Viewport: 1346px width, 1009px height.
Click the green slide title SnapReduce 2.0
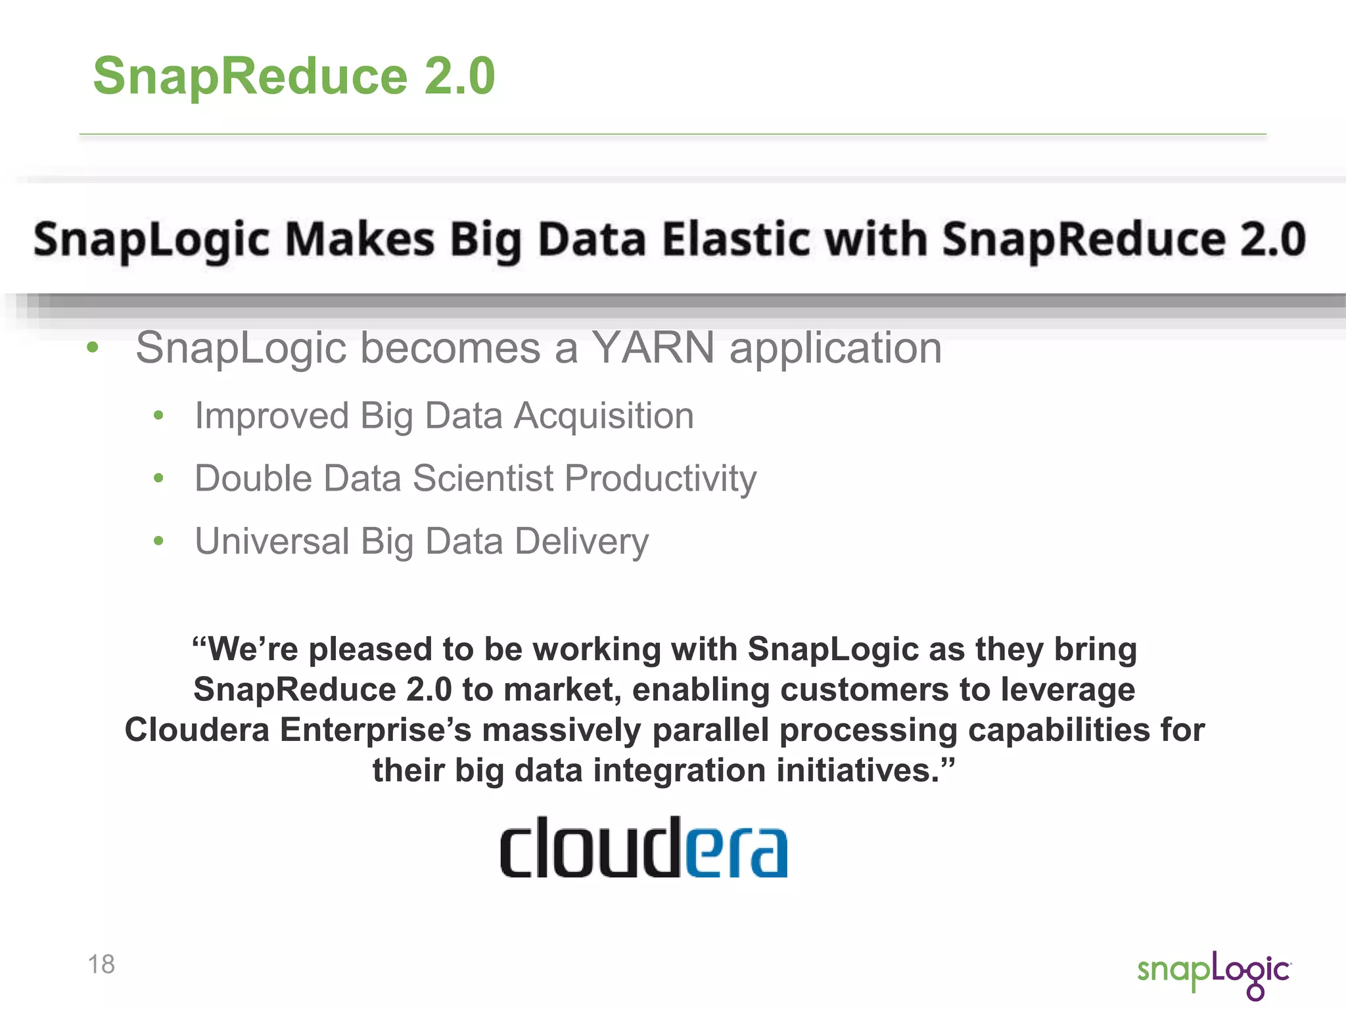[x=294, y=76]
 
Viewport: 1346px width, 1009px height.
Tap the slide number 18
[x=101, y=964]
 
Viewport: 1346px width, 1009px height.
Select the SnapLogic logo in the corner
[x=1214, y=973]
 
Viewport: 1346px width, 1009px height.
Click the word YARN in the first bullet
[x=653, y=348]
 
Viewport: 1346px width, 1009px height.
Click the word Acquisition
[x=603, y=416]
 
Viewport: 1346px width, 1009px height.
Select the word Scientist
[x=483, y=478]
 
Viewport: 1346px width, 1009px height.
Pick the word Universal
[x=271, y=541]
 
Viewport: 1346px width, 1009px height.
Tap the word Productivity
[x=661, y=478]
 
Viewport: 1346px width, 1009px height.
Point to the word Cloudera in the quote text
[x=197, y=730]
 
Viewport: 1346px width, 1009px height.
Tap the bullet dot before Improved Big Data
[x=158, y=416]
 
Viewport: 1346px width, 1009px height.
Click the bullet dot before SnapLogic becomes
[x=93, y=348]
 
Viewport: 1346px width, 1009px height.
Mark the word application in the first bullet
[x=835, y=348]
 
